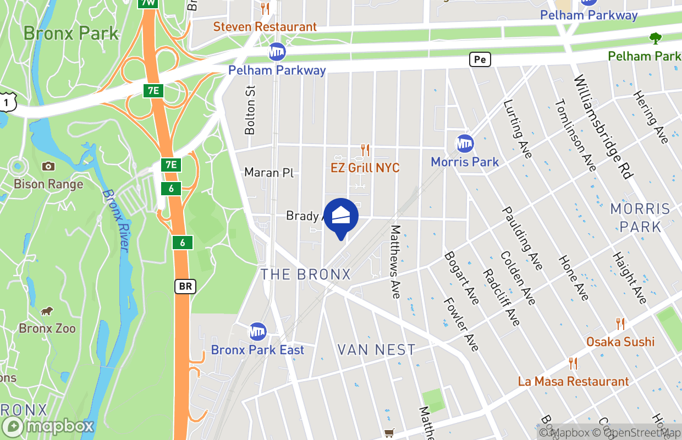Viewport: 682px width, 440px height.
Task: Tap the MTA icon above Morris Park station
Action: pyautogui.click(x=465, y=144)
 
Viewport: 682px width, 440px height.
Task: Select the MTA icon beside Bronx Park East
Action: pyautogui.click(x=257, y=332)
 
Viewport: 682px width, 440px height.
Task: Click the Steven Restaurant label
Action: pyautogui.click(x=265, y=26)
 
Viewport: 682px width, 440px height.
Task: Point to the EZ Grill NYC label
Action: pyautogui.click(x=365, y=168)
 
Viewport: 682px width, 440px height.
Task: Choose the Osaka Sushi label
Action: pyautogui.click(x=620, y=342)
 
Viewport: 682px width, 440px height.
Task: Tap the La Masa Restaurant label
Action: pyautogui.click(x=573, y=381)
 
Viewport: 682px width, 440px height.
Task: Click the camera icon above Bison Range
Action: pyautogui.click(x=48, y=166)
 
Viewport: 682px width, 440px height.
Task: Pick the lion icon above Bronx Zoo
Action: pyautogui.click(x=47, y=311)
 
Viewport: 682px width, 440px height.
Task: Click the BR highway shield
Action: pyautogui.click(x=185, y=287)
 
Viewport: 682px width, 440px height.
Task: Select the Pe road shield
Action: pyautogui.click(x=480, y=59)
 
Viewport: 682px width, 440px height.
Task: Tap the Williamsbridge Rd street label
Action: pyautogui.click(x=603, y=127)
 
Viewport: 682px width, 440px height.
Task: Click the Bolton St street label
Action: pyautogui.click(x=250, y=110)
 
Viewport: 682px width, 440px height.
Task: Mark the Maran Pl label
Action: pyautogui.click(x=269, y=173)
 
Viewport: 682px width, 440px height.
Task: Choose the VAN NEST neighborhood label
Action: pyautogui.click(x=376, y=350)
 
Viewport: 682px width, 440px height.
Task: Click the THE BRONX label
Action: pyautogui.click(x=305, y=274)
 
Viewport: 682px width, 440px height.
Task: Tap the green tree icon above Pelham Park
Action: pyautogui.click(x=655, y=38)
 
